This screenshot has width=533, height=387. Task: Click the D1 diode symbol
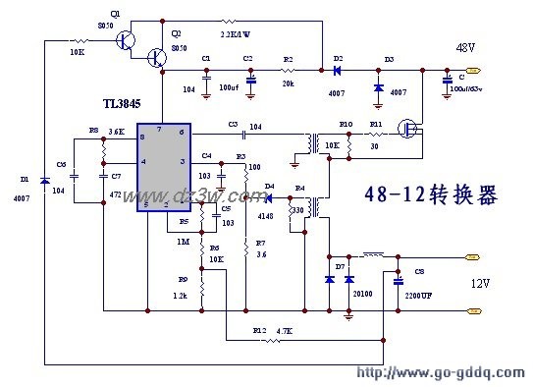click(44, 182)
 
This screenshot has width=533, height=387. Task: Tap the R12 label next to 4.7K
click(259, 331)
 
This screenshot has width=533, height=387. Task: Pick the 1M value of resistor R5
click(184, 241)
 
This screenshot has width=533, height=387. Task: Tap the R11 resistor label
click(375, 125)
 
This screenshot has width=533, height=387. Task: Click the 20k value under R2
click(289, 84)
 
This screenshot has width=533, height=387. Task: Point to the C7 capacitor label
click(116, 176)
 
